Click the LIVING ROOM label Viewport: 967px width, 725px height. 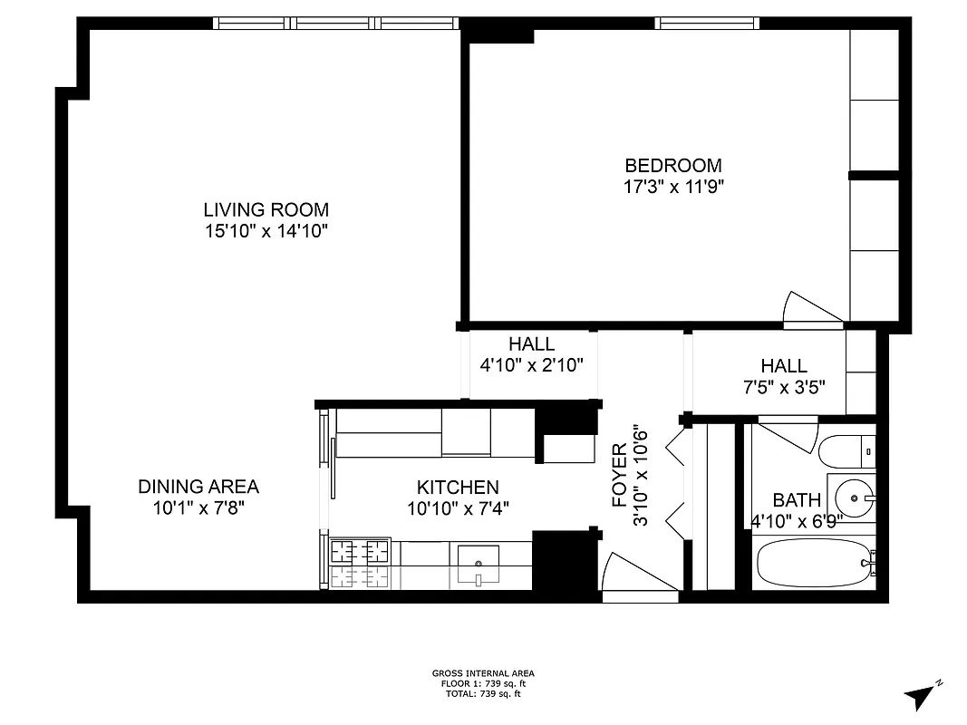point(266,209)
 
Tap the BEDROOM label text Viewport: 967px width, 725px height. point(672,165)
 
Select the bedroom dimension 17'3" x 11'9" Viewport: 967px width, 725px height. point(672,187)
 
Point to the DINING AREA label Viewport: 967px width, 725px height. point(198,487)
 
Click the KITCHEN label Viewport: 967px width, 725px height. point(458,488)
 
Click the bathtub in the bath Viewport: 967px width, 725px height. point(812,564)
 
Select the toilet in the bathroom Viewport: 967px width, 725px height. point(846,450)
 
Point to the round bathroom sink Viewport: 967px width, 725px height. point(854,497)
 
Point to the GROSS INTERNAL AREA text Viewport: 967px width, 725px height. point(483,673)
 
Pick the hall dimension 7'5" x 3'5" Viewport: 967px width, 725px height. point(784,385)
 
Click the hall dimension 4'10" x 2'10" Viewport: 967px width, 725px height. point(531,365)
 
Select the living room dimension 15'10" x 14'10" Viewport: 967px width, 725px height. point(266,231)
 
